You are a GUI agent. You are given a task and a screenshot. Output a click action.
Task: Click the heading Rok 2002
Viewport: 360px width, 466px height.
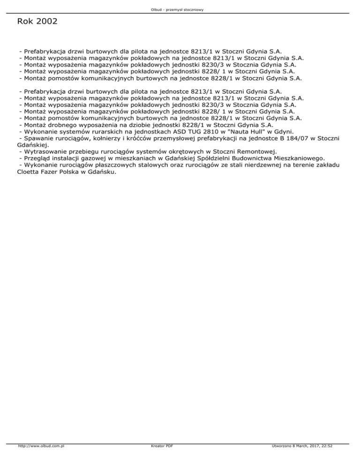[37, 22]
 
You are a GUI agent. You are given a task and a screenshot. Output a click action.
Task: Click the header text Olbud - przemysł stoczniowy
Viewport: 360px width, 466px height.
[180, 9]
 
